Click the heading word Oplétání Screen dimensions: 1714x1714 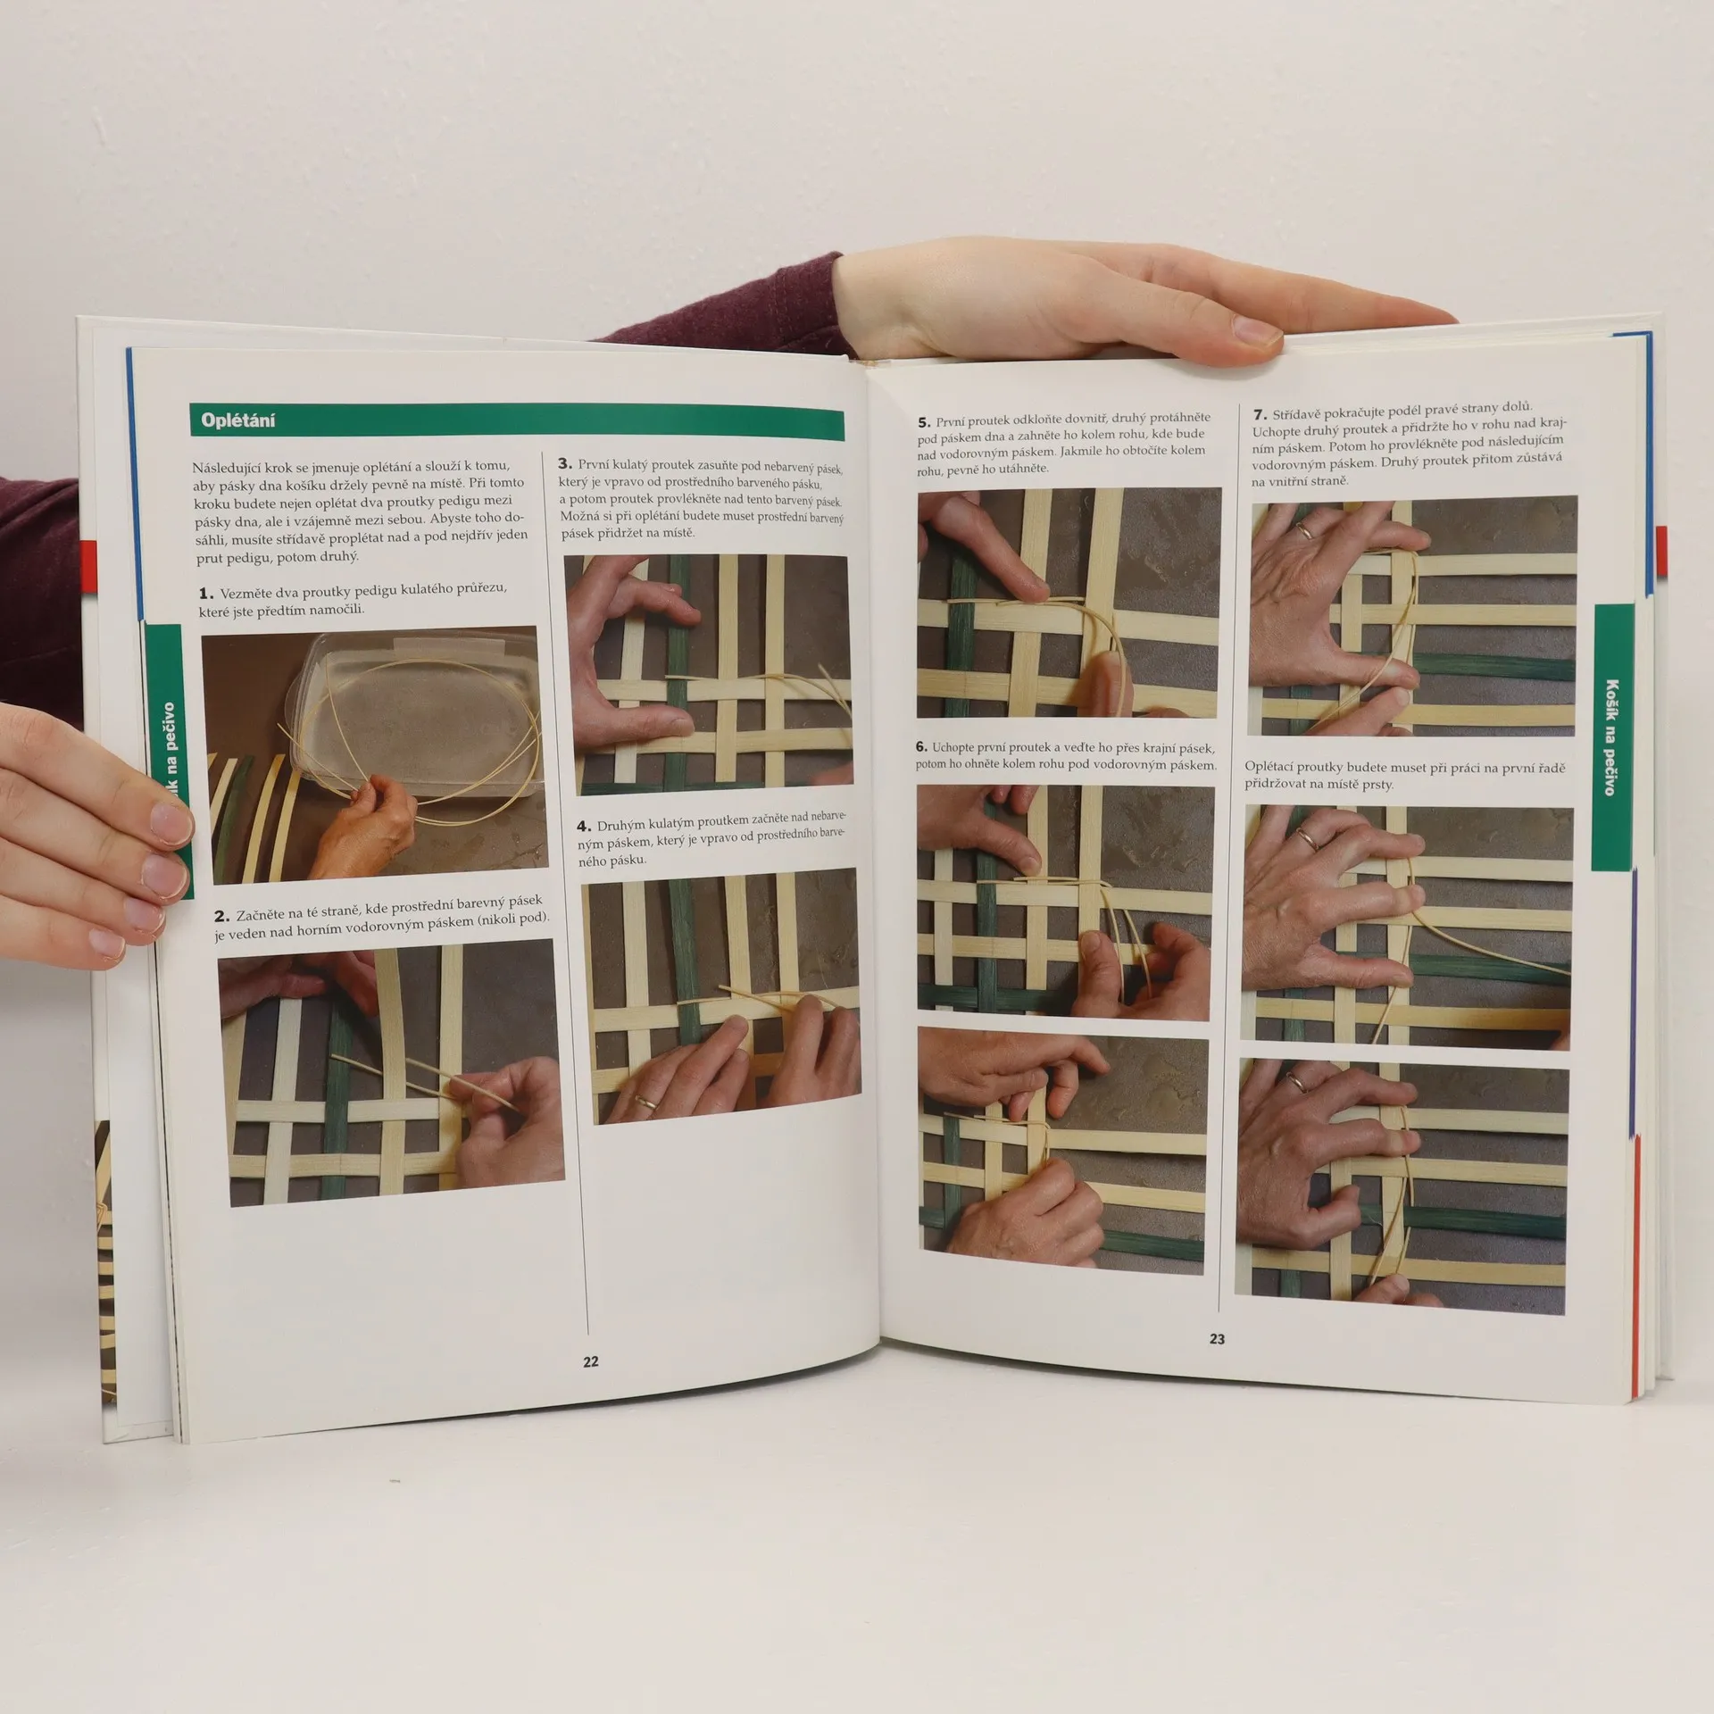237,420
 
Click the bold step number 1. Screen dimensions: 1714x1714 205,594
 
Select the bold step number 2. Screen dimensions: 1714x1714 221,917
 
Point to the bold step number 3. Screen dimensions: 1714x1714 564,463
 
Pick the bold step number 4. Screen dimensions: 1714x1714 584,827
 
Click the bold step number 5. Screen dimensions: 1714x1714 924,422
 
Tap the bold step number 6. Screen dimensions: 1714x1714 921,747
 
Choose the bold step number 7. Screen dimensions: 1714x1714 1260,415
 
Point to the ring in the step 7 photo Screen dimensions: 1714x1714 1304,531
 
